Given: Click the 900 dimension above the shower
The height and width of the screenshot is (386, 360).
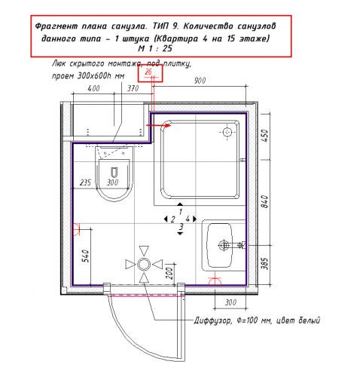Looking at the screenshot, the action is [200, 81].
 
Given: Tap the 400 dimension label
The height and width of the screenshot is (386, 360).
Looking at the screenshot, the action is [93, 88].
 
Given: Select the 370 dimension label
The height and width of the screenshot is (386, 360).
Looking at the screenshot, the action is [133, 88].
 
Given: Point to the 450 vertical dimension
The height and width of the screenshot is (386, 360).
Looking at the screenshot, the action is [265, 136].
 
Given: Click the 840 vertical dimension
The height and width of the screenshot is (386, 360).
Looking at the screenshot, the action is [265, 201].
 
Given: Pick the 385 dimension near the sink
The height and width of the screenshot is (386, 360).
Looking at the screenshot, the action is [265, 263].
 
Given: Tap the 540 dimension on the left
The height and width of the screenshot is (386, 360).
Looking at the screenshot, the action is [86, 256].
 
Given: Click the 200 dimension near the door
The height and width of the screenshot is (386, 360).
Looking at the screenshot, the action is [170, 273].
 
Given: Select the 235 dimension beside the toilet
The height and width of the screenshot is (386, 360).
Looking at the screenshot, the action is [85, 182].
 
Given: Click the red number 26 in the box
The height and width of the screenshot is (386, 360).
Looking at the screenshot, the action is [148, 72].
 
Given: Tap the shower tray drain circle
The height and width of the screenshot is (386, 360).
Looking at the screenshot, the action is [227, 132].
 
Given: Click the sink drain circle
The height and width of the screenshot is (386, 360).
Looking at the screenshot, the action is [224, 245].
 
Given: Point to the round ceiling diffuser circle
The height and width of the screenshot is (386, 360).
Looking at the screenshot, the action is [144, 265].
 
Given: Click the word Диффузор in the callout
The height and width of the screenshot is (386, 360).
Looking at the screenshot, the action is [212, 320].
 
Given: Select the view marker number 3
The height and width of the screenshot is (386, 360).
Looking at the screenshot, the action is [181, 227].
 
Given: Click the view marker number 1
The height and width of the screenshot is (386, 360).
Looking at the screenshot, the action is [181, 212].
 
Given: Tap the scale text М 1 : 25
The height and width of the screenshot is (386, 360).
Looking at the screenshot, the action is [155, 48].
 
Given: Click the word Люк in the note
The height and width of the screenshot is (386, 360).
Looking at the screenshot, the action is [59, 63].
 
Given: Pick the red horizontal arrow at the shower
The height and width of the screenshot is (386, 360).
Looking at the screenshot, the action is [159, 125].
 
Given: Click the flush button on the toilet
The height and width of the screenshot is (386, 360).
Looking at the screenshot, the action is [114, 172].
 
